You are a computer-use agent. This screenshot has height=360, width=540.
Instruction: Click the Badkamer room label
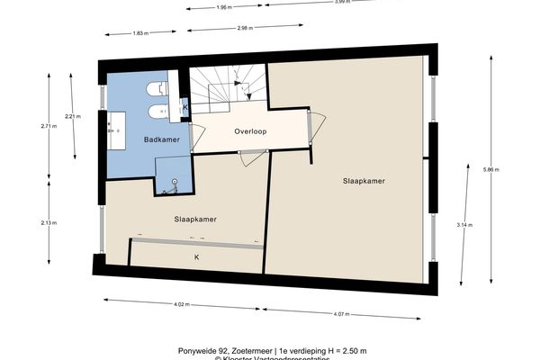(x=158, y=140)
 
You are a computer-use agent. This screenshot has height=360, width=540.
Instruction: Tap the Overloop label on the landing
(x=250, y=131)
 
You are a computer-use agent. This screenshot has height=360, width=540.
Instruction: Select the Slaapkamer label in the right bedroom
(x=364, y=181)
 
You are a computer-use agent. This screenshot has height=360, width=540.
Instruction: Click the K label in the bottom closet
(x=196, y=256)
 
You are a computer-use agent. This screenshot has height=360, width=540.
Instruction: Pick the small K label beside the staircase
(x=184, y=107)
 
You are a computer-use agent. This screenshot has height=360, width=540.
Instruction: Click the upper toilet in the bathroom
(x=158, y=88)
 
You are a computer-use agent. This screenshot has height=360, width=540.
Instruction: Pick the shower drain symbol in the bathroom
(x=174, y=184)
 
